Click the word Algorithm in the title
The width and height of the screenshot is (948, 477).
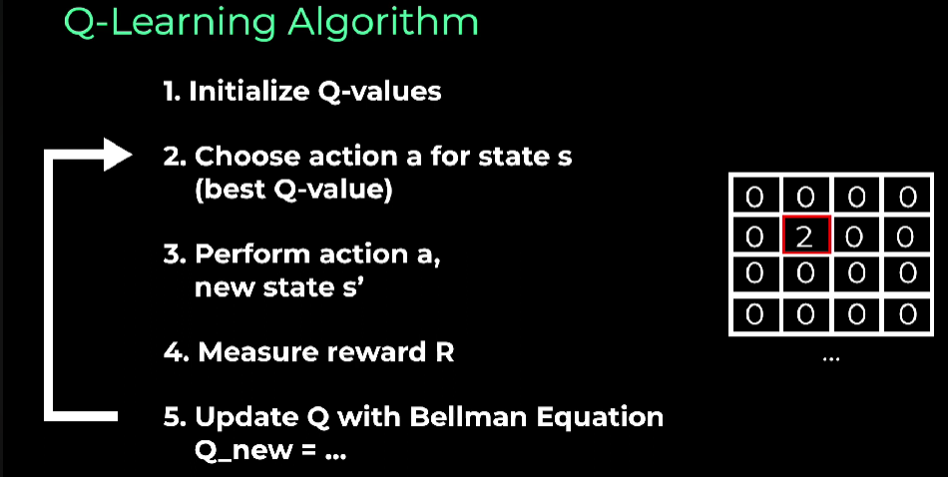pyautogui.click(x=383, y=24)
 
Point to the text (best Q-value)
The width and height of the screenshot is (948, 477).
pyautogui.click(x=293, y=191)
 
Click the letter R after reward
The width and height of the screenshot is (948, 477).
pyautogui.click(x=444, y=352)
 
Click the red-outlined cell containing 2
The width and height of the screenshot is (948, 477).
pyautogui.click(x=806, y=235)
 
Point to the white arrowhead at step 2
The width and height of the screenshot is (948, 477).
pyautogui.click(x=119, y=155)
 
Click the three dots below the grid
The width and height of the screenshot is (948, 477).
pyautogui.click(x=831, y=359)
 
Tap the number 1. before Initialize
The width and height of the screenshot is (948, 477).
pyautogui.click(x=173, y=92)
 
